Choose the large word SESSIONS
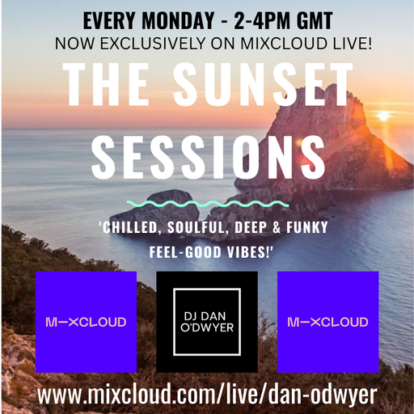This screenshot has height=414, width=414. click(209, 154)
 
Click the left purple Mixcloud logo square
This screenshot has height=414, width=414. click(86, 322)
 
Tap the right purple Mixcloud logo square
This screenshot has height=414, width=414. click(328, 322)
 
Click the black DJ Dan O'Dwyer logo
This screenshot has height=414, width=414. click(207, 322)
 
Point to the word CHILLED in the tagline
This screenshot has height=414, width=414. click(133, 228)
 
